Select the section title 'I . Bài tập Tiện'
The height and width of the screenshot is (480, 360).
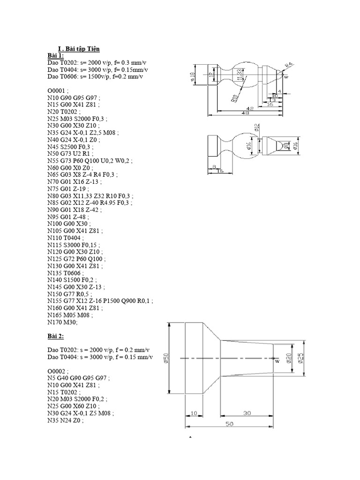coord(78,48)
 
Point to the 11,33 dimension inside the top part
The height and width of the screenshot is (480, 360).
coord(240,75)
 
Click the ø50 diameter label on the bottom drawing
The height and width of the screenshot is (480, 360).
coord(165,359)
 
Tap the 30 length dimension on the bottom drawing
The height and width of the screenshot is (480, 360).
coord(247,413)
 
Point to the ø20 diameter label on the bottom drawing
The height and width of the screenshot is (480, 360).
coord(289,357)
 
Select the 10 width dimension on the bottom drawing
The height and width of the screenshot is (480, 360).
coord(195,413)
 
